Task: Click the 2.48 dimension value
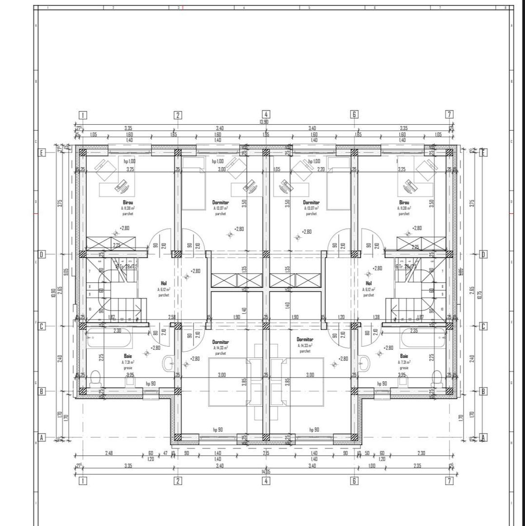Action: point(109,453)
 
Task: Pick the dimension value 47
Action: point(165,453)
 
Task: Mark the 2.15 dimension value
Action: point(266,453)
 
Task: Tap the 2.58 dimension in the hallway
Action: point(172,317)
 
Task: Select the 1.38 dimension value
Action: point(376,317)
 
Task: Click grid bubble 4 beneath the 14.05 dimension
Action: point(266,481)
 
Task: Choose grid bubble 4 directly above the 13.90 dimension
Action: point(266,115)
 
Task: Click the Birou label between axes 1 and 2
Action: point(128,202)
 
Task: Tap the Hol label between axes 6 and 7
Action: point(369,283)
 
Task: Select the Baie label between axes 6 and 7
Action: point(404,356)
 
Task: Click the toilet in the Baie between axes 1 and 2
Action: point(96,377)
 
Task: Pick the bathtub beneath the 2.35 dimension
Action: point(423,338)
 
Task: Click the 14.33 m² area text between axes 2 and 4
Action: point(220,348)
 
